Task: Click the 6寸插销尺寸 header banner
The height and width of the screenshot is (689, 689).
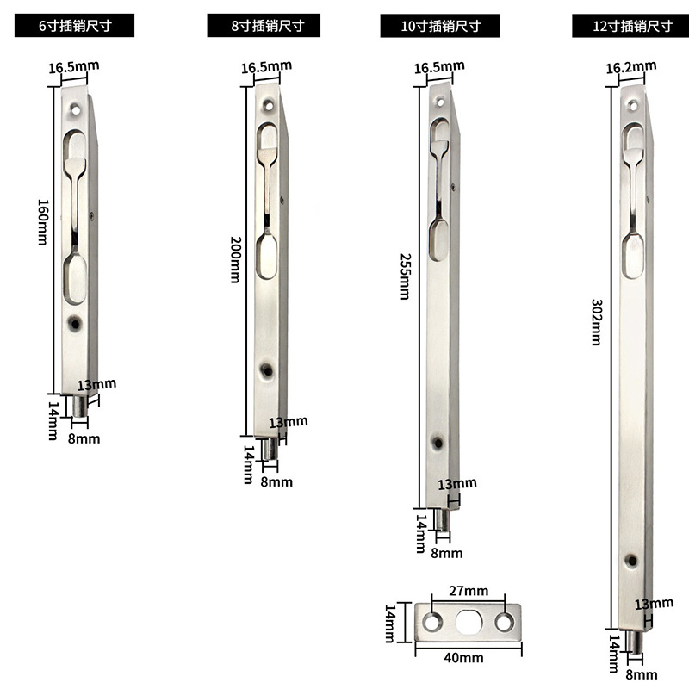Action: click(74, 26)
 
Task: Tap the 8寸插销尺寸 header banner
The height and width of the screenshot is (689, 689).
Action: click(264, 26)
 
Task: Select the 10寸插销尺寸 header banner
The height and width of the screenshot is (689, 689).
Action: click(440, 26)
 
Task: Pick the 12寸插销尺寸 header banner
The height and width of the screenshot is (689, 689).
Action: click(630, 26)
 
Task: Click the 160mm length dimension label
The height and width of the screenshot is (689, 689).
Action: click(42, 222)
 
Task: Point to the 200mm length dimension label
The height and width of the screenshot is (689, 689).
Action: click(236, 260)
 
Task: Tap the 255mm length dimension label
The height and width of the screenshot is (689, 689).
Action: click(405, 276)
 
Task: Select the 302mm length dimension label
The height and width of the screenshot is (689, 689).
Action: click(596, 322)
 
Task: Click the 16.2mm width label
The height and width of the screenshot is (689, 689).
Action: click(631, 67)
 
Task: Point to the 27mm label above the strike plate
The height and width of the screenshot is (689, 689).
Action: click(469, 591)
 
